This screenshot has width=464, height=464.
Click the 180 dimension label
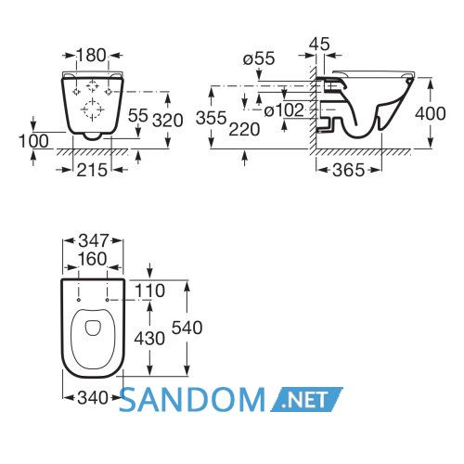(91, 56)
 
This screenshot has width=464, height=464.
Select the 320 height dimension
(168, 121)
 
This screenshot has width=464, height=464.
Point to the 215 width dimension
(92, 170)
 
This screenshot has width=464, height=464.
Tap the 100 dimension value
(33, 141)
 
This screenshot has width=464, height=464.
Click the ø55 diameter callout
(259, 58)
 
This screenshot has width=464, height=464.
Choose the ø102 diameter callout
(284, 110)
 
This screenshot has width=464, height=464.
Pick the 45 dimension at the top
(319, 44)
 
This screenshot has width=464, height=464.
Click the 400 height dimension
(431, 113)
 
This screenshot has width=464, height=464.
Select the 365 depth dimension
(349, 170)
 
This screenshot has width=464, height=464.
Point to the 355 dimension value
(212, 118)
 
